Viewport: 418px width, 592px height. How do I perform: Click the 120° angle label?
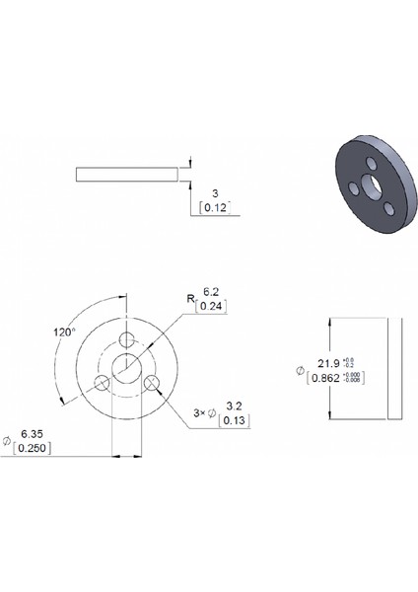(x=64, y=333)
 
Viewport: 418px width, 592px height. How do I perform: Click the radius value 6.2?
(x=210, y=292)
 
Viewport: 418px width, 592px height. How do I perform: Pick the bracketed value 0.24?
(x=209, y=307)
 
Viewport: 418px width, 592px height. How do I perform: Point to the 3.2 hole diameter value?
(x=235, y=406)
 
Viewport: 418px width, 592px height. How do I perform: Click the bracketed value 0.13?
(x=235, y=420)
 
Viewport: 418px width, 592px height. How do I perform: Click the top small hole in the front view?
(x=127, y=340)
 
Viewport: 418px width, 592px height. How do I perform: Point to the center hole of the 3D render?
(x=369, y=185)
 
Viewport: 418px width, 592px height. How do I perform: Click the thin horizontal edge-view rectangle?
(x=127, y=174)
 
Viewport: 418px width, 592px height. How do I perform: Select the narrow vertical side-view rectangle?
(x=394, y=367)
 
